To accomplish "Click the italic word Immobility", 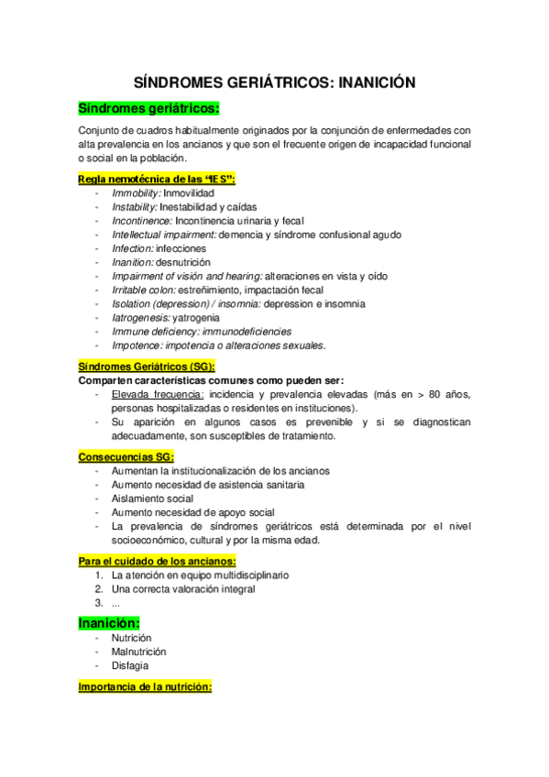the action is point(136,194).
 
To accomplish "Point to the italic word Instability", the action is point(135,208).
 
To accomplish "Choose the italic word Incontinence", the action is point(141,221).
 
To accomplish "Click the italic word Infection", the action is point(132,248).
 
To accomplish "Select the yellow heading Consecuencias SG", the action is point(126,456).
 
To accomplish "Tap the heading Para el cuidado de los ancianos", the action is point(158,560).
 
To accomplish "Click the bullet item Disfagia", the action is point(129,665).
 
